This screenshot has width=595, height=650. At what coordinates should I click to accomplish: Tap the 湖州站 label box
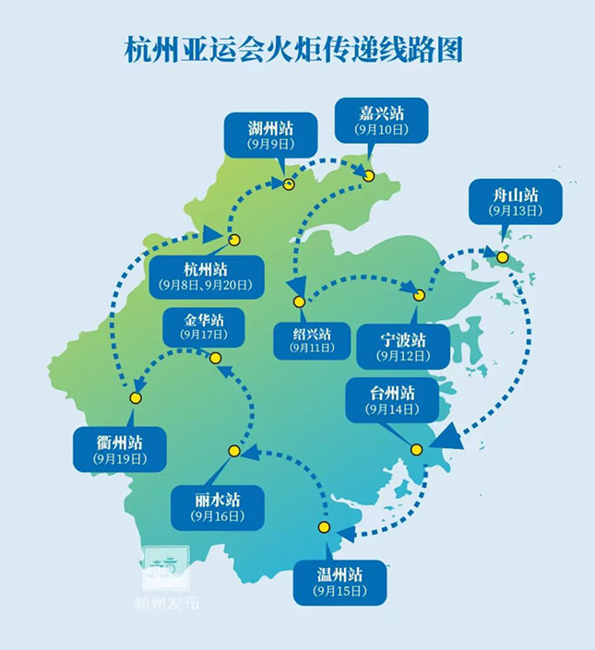[x=270, y=135]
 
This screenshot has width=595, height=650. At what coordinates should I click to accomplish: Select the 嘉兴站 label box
[x=381, y=121]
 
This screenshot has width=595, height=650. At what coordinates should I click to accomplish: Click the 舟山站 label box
[x=515, y=201]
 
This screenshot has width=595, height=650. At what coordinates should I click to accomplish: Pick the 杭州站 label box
[x=205, y=277]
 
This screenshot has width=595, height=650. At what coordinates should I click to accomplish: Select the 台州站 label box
[x=389, y=400]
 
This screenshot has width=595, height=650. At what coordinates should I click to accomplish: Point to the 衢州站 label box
[x=119, y=448]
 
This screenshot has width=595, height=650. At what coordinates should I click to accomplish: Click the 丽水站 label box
[x=217, y=506]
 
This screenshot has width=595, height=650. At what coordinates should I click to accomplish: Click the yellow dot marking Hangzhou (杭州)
[x=234, y=240]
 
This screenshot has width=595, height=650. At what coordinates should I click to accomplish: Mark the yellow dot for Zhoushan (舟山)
[x=502, y=257]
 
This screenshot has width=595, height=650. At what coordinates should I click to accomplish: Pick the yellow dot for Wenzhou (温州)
[x=324, y=527]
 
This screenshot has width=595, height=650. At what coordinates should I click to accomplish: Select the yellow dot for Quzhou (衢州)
[x=136, y=398]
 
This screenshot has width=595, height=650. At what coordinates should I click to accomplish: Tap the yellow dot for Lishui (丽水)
[x=234, y=451]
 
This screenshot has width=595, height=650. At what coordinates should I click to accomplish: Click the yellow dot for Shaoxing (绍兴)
[x=299, y=301]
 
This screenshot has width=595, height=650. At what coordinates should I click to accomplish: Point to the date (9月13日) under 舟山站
[x=515, y=210]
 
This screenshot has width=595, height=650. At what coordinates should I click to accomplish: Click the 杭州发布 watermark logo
[x=164, y=581]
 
